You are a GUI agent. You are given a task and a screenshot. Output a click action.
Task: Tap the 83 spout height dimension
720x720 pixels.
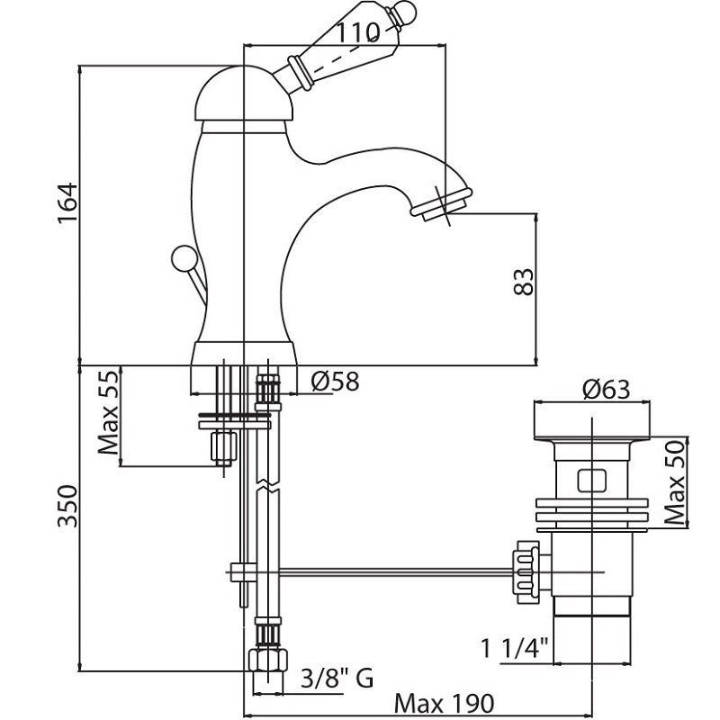(526, 281)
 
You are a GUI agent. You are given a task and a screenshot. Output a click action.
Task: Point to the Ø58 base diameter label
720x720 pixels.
(335, 382)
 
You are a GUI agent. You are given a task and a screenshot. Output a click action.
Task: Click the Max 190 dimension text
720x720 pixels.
(443, 703)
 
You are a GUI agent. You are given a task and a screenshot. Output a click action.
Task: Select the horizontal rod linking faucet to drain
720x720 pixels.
(387, 570)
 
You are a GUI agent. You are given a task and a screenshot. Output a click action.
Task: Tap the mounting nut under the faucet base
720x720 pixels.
(221, 445)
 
